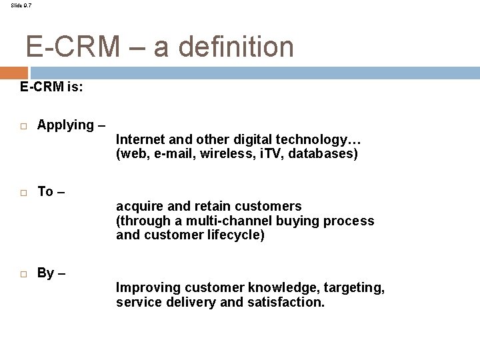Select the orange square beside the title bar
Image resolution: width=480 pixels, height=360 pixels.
coord(13,73)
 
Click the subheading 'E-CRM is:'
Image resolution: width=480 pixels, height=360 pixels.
coord(51,87)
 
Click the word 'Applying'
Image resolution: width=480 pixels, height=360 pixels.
coord(66,125)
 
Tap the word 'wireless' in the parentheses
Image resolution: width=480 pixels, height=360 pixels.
coord(232,154)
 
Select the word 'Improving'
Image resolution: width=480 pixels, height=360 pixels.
coord(146,287)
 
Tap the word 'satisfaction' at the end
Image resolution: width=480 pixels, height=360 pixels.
coord(287,302)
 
